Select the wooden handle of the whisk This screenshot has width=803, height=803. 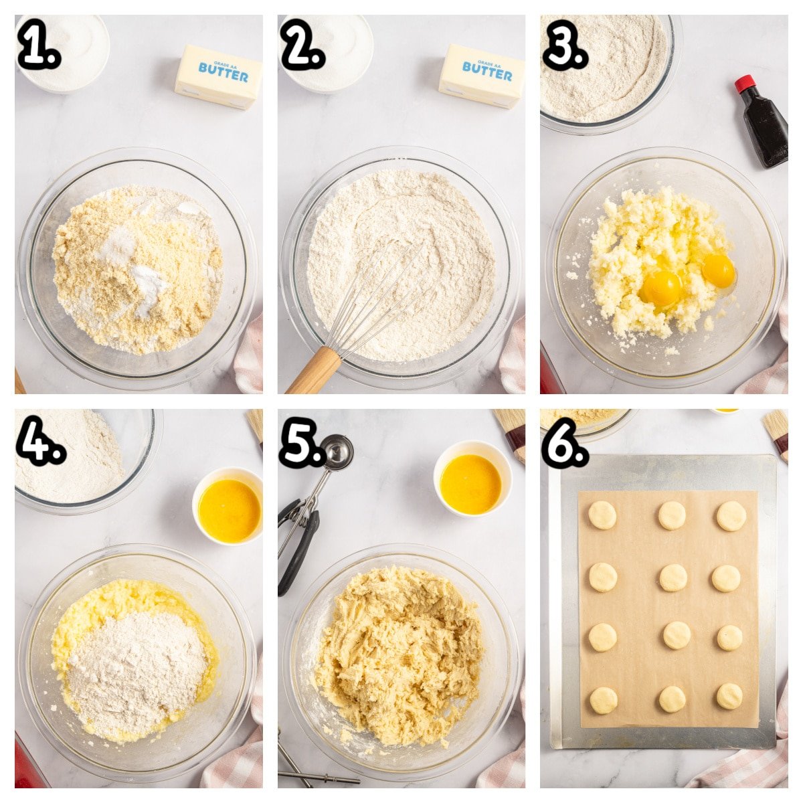[313, 371]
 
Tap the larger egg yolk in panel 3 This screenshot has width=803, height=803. [662, 288]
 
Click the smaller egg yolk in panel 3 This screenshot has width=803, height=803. [719, 271]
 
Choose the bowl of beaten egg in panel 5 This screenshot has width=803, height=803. [472, 479]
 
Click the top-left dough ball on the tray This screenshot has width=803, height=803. [602, 515]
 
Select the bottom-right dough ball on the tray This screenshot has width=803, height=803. [729, 696]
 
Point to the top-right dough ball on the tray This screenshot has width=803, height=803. [731, 516]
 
